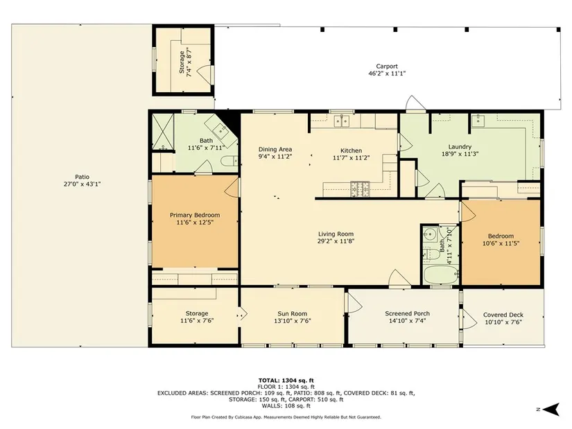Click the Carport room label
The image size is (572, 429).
pyautogui.click(x=387, y=67)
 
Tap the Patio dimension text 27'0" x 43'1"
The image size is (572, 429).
pyautogui.click(x=82, y=184)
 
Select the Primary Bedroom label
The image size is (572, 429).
pyautogui.click(x=195, y=216)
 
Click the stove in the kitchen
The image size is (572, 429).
pyautogui.click(x=360, y=189)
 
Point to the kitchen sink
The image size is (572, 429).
pyautogui.click(x=342, y=121)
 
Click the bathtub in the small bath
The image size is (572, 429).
pyautogui.click(x=441, y=274)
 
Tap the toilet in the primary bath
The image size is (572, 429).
pyautogui.click(x=229, y=161)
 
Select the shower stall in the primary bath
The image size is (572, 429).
pyautogui.click(x=163, y=132)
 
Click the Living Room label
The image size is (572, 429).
pyautogui.click(x=336, y=234)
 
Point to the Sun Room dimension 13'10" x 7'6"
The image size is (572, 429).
pyautogui.click(x=292, y=321)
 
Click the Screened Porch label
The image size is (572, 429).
pyautogui.click(x=407, y=314)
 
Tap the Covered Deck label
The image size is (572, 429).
pyautogui.click(x=503, y=315)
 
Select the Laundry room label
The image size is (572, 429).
pyautogui.click(x=460, y=147)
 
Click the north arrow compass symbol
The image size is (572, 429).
pyautogui.click(x=552, y=409)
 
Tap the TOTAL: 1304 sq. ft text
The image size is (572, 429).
pyautogui.click(x=286, y=380)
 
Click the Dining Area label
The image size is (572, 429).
pyautogui.click(x=275, y=149)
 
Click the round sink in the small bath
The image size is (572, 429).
pyautogui.click(x=430, y=233)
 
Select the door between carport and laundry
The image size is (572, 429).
pyautogui.click(x=416, y=103)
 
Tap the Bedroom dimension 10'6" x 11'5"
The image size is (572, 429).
pyautogui.click(x=501, y=243)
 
